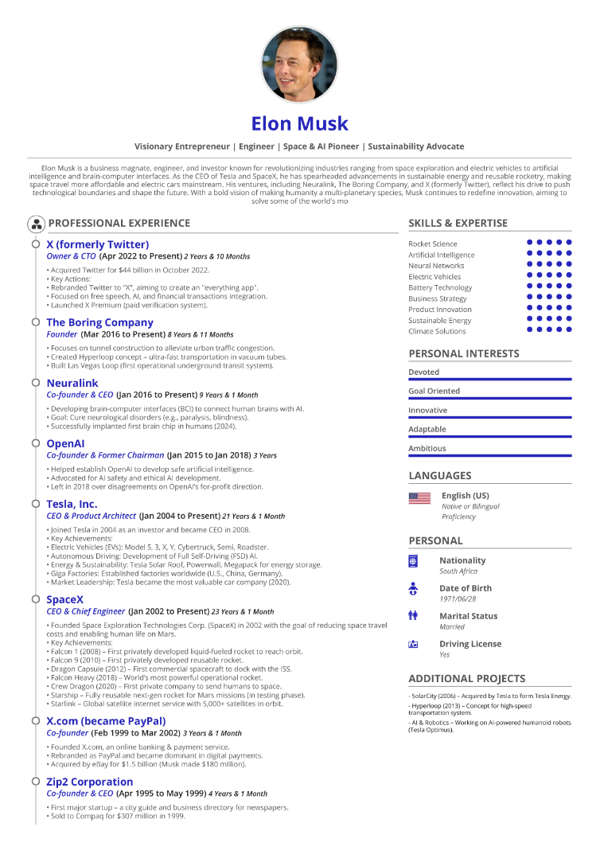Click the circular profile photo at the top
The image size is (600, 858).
point(299,64)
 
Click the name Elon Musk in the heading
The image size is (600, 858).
point(299,123)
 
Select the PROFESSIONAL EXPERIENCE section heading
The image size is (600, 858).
point(119,223)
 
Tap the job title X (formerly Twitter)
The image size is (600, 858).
point(97,244)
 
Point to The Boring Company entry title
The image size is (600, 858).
point(99,322)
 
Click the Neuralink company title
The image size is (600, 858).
point(72,383)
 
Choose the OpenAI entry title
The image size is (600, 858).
point(65,443)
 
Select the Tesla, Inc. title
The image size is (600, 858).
point(72,504)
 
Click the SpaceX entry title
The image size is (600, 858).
point(64,599)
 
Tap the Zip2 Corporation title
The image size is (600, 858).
point(90,782)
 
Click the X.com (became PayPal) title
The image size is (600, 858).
point(106,721)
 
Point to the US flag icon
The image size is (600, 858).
point(419,498)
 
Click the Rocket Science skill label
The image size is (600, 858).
point(433,244)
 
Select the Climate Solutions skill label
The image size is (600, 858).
point(437,331)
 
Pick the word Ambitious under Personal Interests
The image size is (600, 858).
point(427,448)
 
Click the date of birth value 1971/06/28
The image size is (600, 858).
point(458,599)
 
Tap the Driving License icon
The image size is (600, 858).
point(413,644)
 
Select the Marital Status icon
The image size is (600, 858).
point(413,615)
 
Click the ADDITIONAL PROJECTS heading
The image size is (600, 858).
point(466,679)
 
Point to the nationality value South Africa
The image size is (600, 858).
point(458,571)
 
